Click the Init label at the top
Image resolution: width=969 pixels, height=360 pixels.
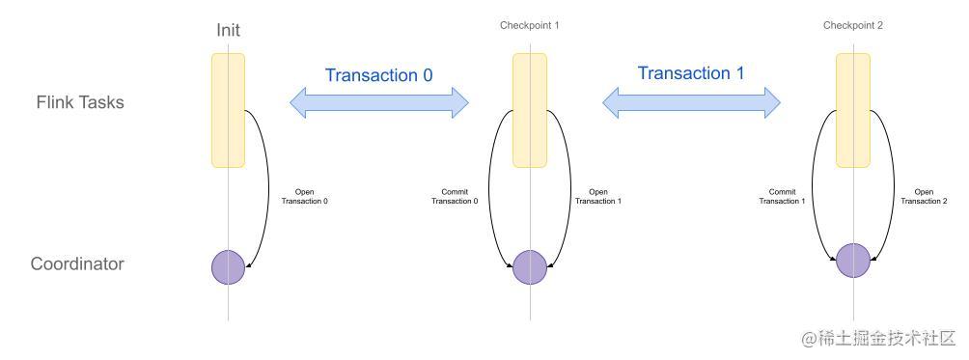[x=228, y=30]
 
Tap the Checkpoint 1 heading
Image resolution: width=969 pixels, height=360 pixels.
[x=529, y=25]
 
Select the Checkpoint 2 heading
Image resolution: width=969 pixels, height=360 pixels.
[x=853, y=25]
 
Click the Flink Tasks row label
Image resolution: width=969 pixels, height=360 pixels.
[x=80, y=101]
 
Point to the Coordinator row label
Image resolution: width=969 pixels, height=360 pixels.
[x=77, y=263]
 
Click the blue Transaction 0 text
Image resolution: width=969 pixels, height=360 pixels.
[x=378, y=75]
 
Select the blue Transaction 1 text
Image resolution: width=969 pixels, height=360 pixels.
[x=690, y=73]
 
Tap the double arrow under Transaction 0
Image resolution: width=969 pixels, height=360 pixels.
[x=379, y=102]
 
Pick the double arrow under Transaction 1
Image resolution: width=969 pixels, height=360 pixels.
[x=691, y=100]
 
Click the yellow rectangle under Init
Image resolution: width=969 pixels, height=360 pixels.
[x=228, y=110]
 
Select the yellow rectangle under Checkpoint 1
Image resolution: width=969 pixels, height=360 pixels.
[x=530, y=110]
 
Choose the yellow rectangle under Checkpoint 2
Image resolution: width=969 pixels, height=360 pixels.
[x=853, y=109]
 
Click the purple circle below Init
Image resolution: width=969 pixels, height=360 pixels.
[x=229, y=267]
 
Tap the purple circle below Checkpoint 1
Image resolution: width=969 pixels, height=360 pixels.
[x=530, y=267]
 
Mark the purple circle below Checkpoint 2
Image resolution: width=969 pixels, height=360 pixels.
[x=853, y=261]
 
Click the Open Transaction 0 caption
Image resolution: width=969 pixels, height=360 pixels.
[x=304, y=196]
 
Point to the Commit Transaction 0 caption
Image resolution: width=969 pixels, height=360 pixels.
[x=453, y=196]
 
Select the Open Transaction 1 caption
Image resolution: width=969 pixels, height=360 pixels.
[x=598, y=196]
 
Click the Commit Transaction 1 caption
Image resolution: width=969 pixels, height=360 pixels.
[x=781, y=196]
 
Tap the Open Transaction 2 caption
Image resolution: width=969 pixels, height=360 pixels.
[x=924, y=196]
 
